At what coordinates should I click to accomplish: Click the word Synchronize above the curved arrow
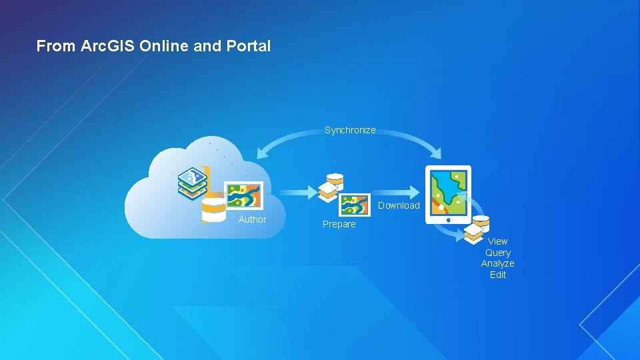[x=350, y=130]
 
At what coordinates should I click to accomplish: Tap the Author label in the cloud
[x=252, y=219]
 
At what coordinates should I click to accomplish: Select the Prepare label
[x=339, y=224]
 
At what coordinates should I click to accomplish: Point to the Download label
[x=399, y=205]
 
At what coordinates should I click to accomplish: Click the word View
[x=497, y=241]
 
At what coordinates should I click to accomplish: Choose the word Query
[x=498, y=253]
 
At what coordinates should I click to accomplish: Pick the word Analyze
[x=498, y=264]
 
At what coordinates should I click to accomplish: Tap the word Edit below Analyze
[x=498, y=275]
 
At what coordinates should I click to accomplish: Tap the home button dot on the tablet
[x=449, y=219]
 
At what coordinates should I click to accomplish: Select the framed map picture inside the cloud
[x=244, y=196]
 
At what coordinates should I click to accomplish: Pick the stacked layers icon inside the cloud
[x=192, y=183]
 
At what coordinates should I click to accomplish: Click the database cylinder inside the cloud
[x=214, y=209]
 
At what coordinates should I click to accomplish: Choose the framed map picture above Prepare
[x=355, y=205]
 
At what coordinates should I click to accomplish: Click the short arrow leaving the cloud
[x=297, y=193]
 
